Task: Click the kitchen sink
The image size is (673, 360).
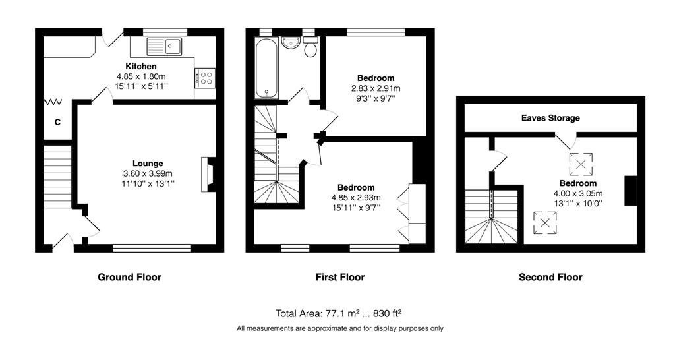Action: click(x=164, y=46)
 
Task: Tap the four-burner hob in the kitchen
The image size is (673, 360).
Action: click(x=205, y=78)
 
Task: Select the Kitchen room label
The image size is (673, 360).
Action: click(x=141, y=66)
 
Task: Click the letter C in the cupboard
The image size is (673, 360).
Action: click(x=57, y=122)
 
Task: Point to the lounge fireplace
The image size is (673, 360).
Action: click(x=208, y=174)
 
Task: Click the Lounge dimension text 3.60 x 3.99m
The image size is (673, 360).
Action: click(x=148, y=174)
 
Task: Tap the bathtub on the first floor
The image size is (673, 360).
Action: click(x=266, y=68)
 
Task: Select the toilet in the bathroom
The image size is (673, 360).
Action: click(x=310, y=46)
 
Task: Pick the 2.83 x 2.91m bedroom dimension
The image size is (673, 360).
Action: click(x=376, y=88)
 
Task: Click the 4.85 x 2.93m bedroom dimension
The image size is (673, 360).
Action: click(x=356, y=198)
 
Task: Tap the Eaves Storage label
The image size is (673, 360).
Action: click(x=550, y=118)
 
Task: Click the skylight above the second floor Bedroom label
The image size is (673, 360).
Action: click(x=581, y=164)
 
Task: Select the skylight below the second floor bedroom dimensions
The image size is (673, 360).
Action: click(x=545, y=223)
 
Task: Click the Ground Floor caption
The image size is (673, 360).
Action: click(x=130, y=277)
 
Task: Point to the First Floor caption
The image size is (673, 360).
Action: click(x=340, y=277)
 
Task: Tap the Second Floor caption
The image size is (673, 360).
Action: click(x=550, y=277)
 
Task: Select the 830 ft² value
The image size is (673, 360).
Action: click(x=387, y=313)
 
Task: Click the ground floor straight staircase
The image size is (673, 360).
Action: click(x=57, y=177)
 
